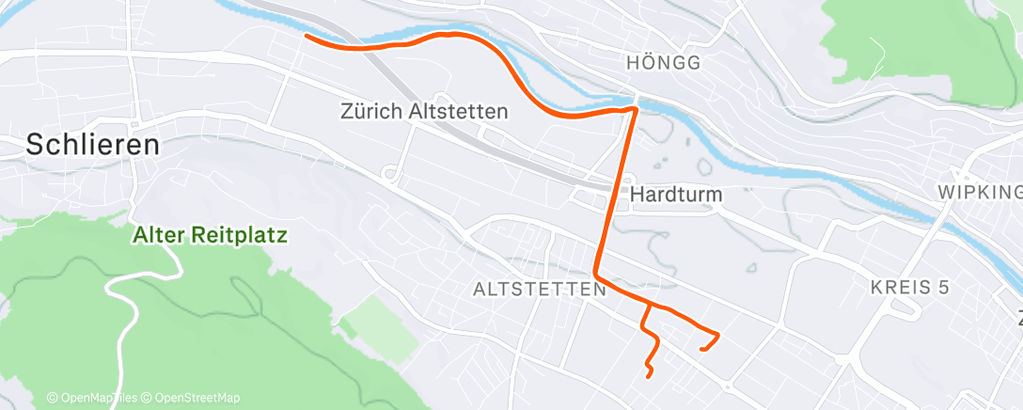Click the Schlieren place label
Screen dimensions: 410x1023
92,145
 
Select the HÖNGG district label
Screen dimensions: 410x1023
664,63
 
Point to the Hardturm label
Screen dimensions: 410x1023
675,195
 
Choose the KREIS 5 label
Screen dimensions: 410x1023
910,287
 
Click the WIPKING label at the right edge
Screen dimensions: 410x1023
980,193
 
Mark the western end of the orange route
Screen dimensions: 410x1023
306,37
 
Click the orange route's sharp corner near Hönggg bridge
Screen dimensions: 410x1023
637,109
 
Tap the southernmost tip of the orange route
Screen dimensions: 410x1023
649,376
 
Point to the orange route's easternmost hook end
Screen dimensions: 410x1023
702,350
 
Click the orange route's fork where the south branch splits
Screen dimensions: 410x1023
647,304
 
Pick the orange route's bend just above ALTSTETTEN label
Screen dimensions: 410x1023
596,276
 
